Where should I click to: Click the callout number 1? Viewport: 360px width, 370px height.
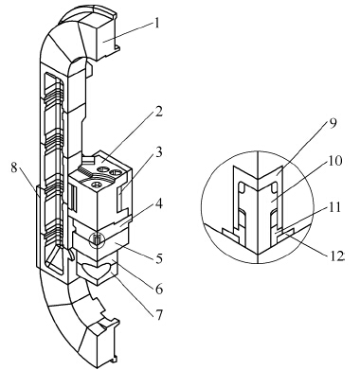157,24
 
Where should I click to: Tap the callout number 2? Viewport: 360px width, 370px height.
158,112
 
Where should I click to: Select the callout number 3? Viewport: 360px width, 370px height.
159,152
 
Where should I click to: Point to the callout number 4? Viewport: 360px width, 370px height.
159,204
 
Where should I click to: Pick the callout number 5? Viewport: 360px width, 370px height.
159,258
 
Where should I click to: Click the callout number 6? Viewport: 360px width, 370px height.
159,289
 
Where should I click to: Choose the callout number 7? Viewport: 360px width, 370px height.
159,314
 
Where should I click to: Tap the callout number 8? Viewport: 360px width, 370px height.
14,167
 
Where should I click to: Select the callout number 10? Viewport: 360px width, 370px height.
335,161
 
